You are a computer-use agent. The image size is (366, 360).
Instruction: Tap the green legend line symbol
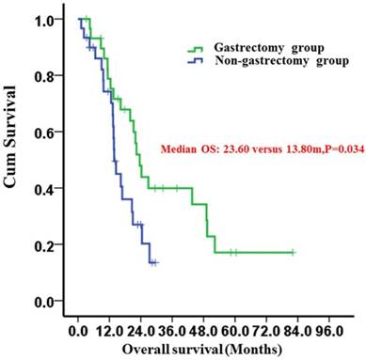click(197, 49)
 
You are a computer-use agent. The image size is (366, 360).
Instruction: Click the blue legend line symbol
click(197, 62)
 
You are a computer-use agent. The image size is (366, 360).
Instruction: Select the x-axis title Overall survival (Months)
click(188, 349)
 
